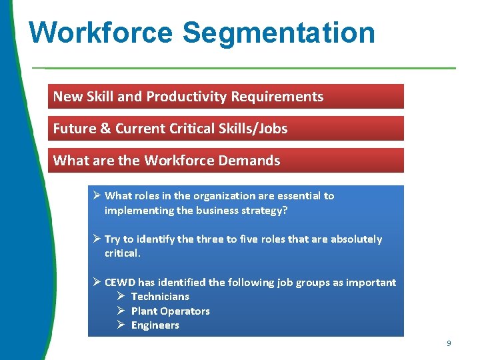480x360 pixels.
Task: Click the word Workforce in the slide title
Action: [99, 33]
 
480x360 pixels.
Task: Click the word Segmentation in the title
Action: [279, 33]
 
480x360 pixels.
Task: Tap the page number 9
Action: [449, 343]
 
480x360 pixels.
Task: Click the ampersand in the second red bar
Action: [107, 129]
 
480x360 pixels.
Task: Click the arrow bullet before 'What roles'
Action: [97, 195]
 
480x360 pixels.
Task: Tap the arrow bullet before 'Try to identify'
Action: [97, 239]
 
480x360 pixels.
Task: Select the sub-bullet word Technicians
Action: [160, 297]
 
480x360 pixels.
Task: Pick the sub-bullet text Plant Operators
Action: [170, 311]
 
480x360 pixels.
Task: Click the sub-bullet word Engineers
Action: [155, 325]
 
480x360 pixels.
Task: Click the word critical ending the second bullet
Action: [122, 253]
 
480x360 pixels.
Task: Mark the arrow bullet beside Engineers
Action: [121, 325]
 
